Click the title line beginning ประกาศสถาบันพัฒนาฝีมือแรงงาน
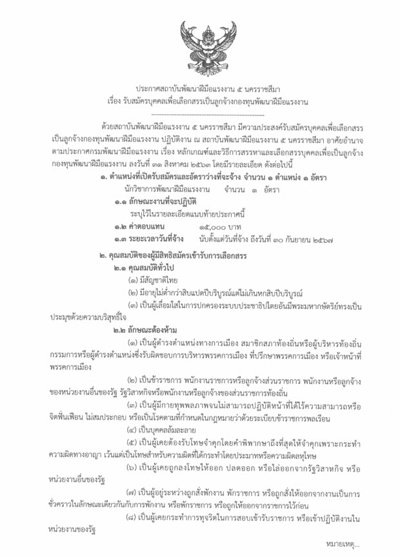[x=201, y=89]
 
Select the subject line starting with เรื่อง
[x=200, y=101]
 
